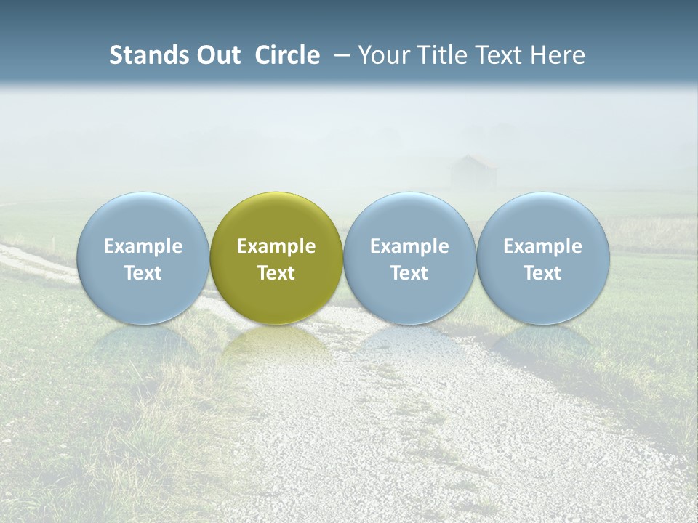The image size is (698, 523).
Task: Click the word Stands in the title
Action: [148, 55]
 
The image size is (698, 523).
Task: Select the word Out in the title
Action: [218, 55]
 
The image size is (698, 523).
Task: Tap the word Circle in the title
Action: [287, 55]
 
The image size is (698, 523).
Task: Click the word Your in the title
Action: [380, 55]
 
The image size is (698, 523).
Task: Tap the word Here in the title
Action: [556, 55]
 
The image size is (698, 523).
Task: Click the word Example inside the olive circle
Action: [276, 246]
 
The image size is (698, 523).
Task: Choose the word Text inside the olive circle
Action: [276, 273]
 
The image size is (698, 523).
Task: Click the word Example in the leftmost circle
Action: [143, 246]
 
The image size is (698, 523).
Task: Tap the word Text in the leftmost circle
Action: [143, 273]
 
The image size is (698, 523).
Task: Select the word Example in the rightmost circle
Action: [542, 246]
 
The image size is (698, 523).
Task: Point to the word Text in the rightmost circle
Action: [542, 273]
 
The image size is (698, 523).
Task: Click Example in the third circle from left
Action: [409, 246]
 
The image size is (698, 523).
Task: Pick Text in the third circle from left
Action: [409, 273]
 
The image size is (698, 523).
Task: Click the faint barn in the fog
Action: [473, 173]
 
